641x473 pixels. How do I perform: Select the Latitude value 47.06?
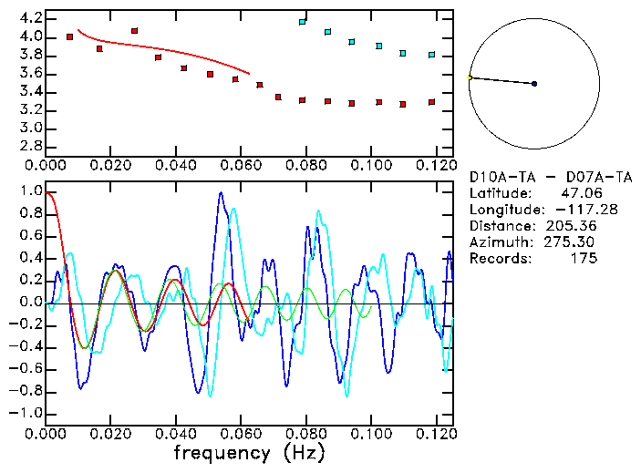click(x=578, y=192)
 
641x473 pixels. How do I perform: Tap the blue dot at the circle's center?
click(x=534, y=84)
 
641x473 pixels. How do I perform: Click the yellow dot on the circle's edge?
click(x=469, y=77)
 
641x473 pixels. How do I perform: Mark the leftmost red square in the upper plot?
click(x=70, y=36)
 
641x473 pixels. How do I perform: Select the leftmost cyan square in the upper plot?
click(x=303, y=21)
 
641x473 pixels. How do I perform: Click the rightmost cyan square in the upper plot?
click(x=432, y=55)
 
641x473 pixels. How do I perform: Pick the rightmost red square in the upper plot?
click(x=432, y=102)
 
